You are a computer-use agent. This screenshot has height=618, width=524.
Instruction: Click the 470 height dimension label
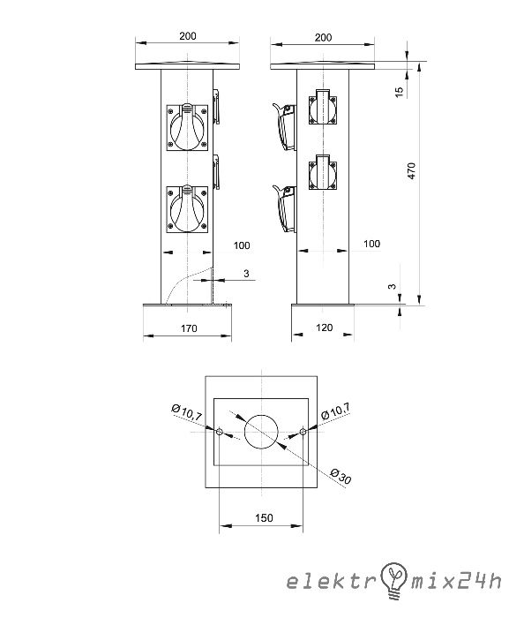coord(411,170)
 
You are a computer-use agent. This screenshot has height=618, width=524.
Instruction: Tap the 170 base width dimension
coord(189,328)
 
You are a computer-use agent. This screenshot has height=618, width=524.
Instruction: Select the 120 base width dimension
coord(325,328)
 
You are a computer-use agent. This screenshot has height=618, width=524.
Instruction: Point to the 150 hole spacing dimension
coord(264,518)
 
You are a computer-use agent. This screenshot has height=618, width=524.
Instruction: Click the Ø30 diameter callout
coord(341,476)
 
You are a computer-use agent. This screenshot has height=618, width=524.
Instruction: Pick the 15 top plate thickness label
coord(400,92)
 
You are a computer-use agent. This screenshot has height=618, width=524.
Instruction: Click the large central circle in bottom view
coord(261,432)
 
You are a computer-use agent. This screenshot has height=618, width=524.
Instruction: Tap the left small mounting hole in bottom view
coord(220,433)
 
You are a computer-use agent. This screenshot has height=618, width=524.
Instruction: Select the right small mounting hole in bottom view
coord(303,432)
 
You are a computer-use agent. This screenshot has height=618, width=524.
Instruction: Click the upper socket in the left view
coord(187,127)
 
